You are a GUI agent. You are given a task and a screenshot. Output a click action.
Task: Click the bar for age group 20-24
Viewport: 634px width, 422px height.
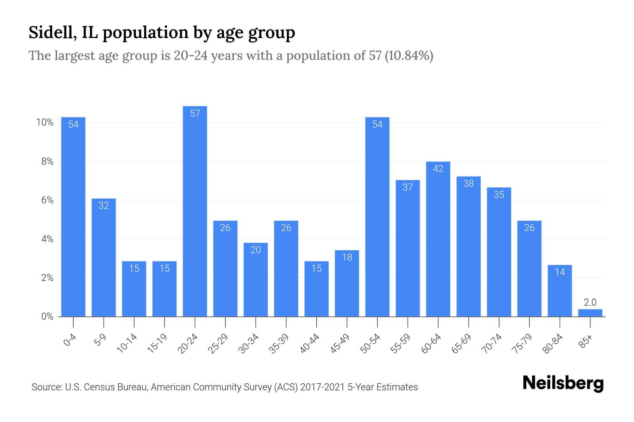(x=195, y=211)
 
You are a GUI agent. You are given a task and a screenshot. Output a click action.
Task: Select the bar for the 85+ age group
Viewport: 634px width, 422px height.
(x=590, y=313)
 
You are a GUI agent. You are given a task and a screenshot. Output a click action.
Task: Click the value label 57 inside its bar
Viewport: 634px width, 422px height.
(x=195, y=113)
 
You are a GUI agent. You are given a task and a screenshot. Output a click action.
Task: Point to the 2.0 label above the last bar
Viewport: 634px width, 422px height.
(x=590, y=302)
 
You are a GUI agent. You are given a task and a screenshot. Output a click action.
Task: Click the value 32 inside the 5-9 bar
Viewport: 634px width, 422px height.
(x=104, y=205)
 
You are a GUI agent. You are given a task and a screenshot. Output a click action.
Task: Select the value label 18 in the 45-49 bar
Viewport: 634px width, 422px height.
(x=347, y=257)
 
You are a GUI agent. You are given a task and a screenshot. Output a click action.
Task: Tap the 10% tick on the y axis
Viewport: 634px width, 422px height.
(x=45, y=122)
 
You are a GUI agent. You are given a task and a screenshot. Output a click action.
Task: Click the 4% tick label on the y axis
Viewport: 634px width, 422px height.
(x=47, y=239)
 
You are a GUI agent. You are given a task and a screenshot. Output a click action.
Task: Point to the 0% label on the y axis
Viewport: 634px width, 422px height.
(x=47, y=316)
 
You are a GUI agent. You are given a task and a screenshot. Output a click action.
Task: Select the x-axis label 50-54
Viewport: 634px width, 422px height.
(x=370, y=344)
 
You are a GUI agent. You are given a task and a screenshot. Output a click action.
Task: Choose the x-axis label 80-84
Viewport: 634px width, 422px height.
(x=552, y=344)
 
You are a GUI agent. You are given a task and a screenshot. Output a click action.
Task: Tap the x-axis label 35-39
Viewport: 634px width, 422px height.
(x=279, y=344)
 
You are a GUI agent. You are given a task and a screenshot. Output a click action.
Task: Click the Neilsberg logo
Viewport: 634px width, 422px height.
(x=563, y=383)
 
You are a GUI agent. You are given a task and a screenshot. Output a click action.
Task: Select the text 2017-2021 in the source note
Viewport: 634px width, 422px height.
(x=323, y=387)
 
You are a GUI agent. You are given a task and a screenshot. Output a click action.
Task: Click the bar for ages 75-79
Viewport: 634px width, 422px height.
(x=529, y=269)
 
